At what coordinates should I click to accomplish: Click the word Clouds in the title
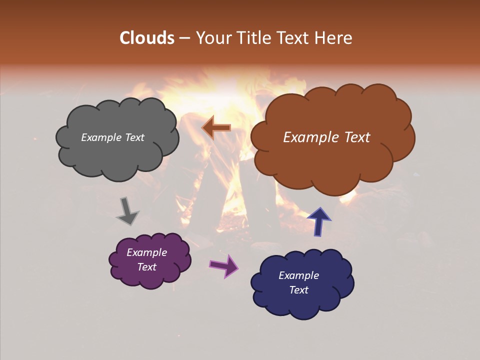pyautogui.click(x=146, y=38)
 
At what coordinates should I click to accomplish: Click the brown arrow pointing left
pyautogui.click(x=216, y=128)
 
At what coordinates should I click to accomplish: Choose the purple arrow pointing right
pyautogui.click(x=224, y=265)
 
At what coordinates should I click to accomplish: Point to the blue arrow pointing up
pyautogui.click(x=319, y=221)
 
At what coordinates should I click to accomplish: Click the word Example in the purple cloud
pyautogui.click(x=146, y=252)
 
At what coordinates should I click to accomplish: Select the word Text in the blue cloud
pyautogui.click(x=298, y=290)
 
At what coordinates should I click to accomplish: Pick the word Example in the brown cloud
pyautogui.click(x=309, y=137)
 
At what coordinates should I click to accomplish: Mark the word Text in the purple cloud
pyautogui.click(x=146, y=267)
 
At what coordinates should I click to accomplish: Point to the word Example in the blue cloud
pyautogui.click(x=298, y=275)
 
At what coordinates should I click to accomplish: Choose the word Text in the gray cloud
pyautogui.click(x=134, y=137)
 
